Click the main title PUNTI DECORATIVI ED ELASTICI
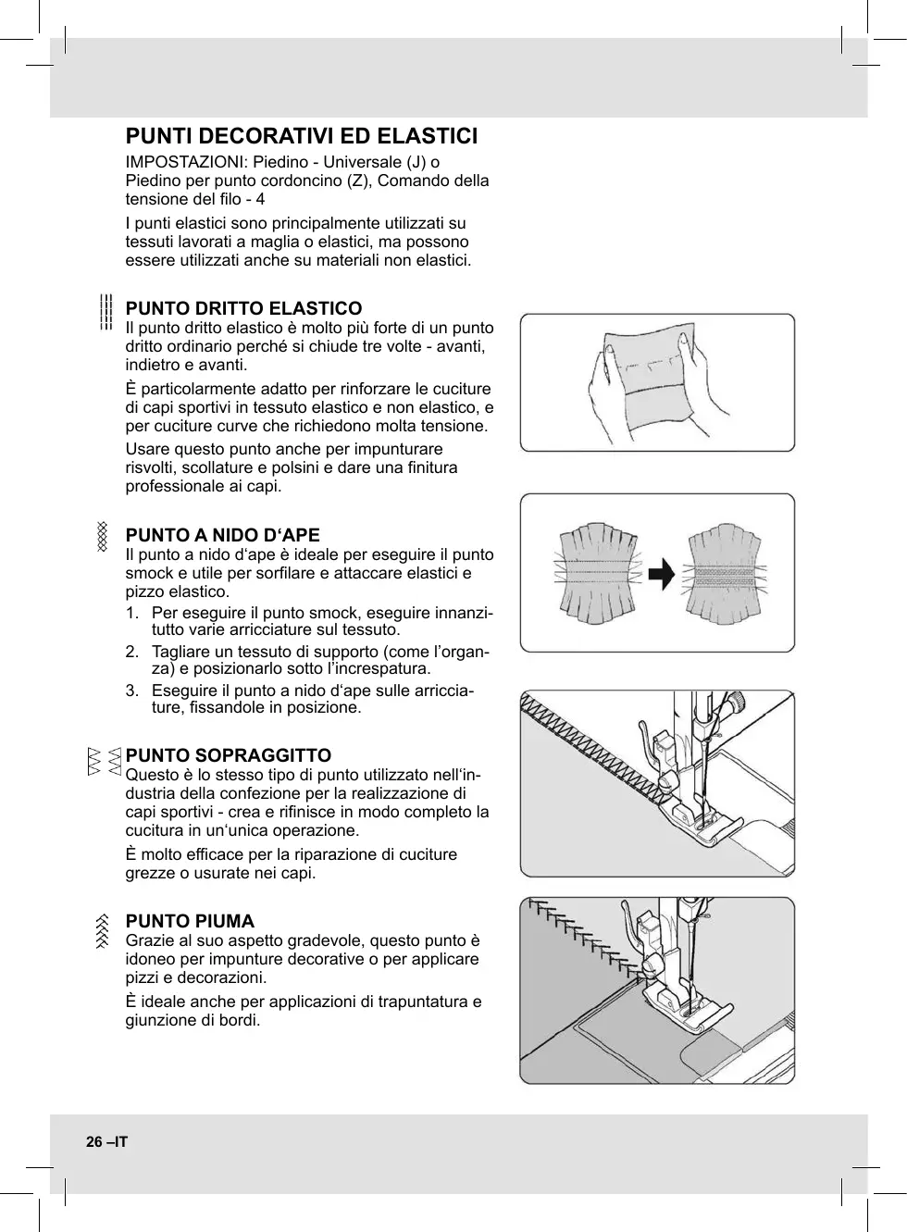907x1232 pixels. (x=302, y=137)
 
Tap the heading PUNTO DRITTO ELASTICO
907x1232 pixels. (x=243, y=308)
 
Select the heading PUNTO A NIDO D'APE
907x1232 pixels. (x=222, y=535)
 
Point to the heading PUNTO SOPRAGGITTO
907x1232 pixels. (x=228, y=755)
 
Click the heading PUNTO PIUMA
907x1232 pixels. (x=190, y=921)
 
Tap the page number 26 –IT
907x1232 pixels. (x=106, y=1142)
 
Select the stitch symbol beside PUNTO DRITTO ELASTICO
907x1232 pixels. (x=106, y=312)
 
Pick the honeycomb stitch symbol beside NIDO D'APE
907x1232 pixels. (x=103, y=537)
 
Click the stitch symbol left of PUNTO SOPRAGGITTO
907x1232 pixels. (x=104, y=761)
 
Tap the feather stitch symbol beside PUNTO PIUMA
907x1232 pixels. (x=103, y=929)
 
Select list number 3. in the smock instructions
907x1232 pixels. (x=133, y=691)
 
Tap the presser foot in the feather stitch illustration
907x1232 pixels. (x=680, y=1004)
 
